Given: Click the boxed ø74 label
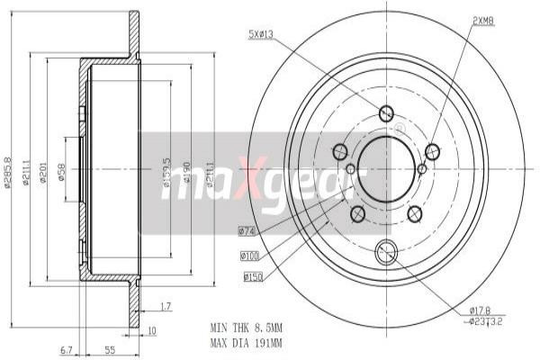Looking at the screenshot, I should [247, 231].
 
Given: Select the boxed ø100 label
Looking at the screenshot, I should [250, 256].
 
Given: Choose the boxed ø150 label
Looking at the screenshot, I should [253, 278].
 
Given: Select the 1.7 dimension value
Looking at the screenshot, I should [165, 307].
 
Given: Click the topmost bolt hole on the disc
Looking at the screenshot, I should [386, 113].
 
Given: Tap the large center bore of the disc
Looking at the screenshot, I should [386, 167].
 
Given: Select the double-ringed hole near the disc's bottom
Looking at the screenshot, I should [387, 252].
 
